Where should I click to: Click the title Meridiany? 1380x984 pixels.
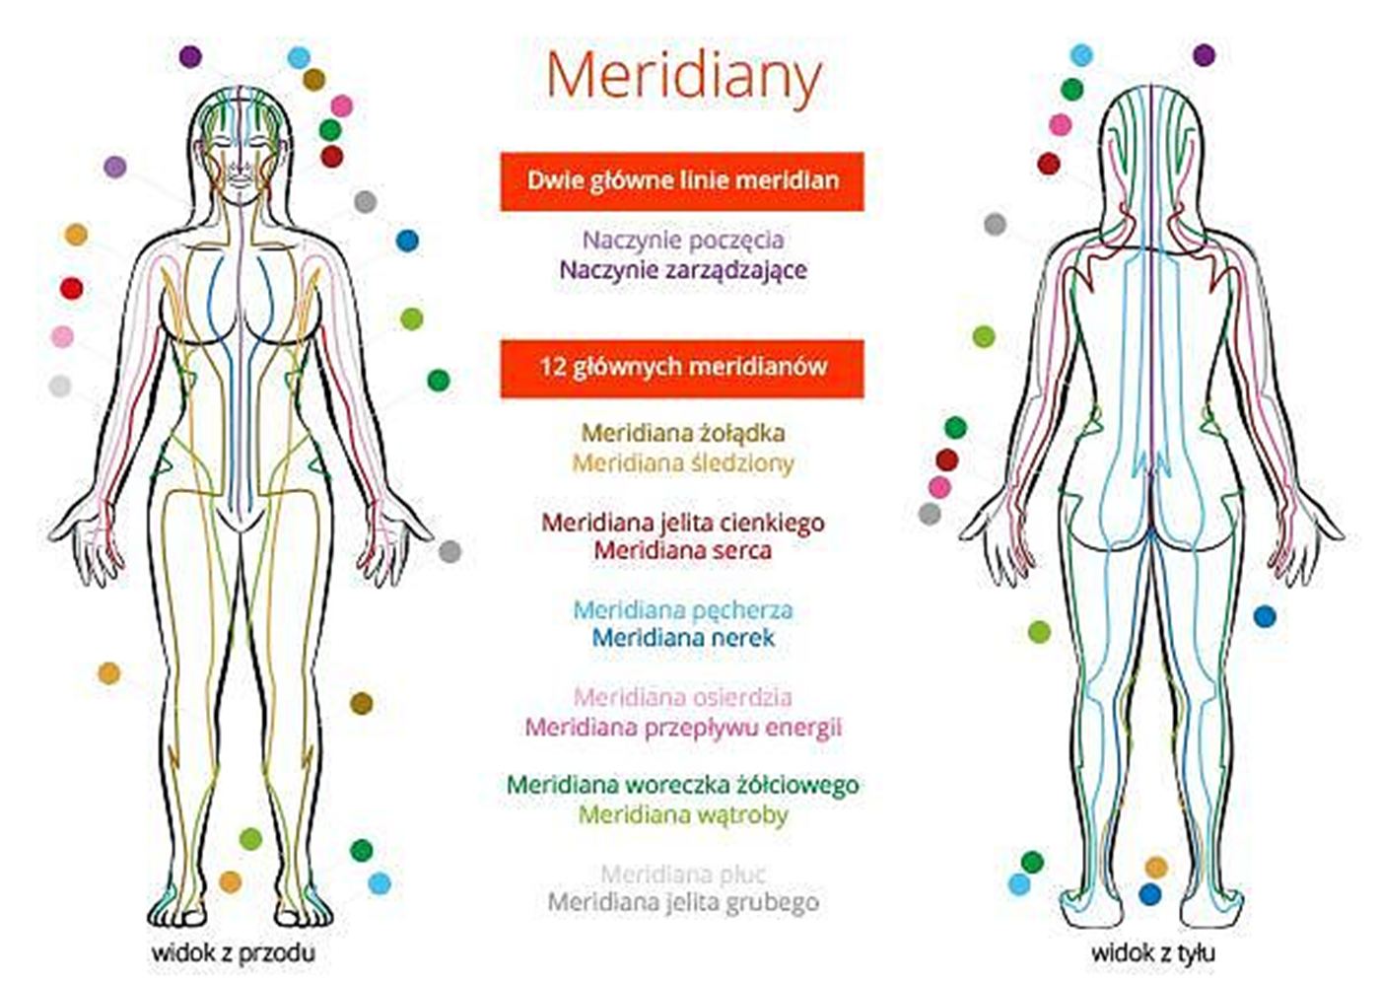coord(683,76)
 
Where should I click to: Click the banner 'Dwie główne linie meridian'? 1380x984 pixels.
coord(682,180)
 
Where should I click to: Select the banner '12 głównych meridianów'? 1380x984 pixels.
coord(682,367)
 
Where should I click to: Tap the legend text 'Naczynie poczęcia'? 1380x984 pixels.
coord(683,240)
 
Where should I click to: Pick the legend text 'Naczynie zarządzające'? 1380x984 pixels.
coord(683,270)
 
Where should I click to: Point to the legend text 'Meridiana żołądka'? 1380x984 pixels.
coord(683,433)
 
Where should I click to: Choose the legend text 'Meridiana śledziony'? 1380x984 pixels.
coord(683,462)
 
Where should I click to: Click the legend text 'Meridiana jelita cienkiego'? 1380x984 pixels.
coord(683,523)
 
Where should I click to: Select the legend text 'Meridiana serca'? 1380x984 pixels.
coord(683,550)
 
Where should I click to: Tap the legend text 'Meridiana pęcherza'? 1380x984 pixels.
coord(683,610)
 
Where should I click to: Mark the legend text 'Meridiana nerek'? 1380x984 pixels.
coord(683,638)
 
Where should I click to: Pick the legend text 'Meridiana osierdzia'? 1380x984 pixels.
coord(683,698)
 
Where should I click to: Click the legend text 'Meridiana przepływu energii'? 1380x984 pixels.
coord(683,728)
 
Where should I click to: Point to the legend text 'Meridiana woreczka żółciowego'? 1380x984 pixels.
coord(683,786)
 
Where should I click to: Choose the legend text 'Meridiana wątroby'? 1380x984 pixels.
coord(683,815)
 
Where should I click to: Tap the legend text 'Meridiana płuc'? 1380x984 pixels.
coord(683,874)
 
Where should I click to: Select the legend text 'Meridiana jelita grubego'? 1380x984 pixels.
coord(683,902)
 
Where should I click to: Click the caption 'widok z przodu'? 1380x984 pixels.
coord(233,953)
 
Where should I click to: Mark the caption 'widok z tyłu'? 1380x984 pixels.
coord(1152,953)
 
